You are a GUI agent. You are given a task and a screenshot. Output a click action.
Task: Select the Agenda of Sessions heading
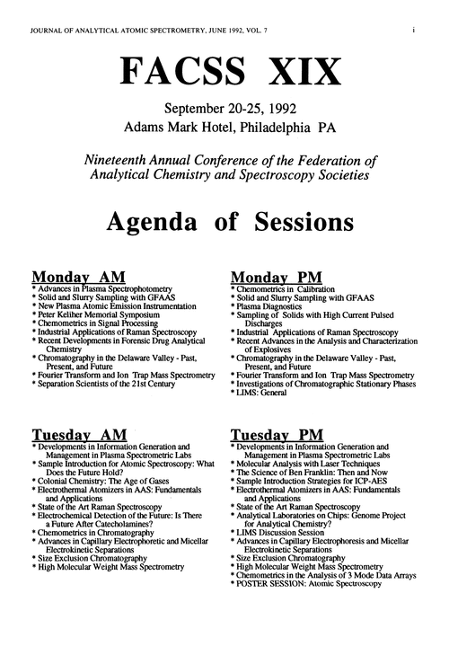pyautogui.click(x=224, y=218)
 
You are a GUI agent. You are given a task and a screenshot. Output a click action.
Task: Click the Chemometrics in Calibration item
pyautogui.click(x=284, y=288)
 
